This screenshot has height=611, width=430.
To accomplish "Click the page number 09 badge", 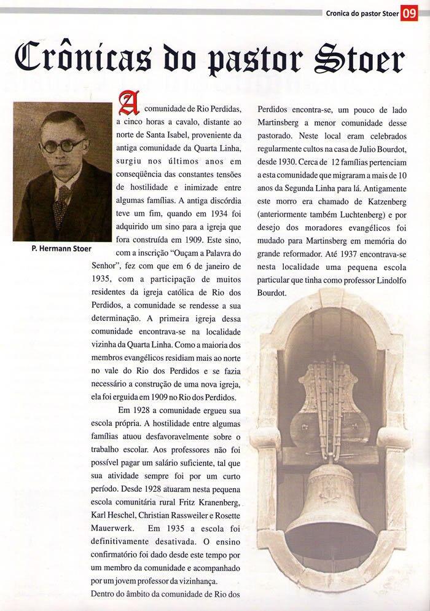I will [x=408, y=13].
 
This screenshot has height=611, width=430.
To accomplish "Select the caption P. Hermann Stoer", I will [x=62, y=249].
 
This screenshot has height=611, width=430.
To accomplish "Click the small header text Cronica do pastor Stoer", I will [x=361, y=13].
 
